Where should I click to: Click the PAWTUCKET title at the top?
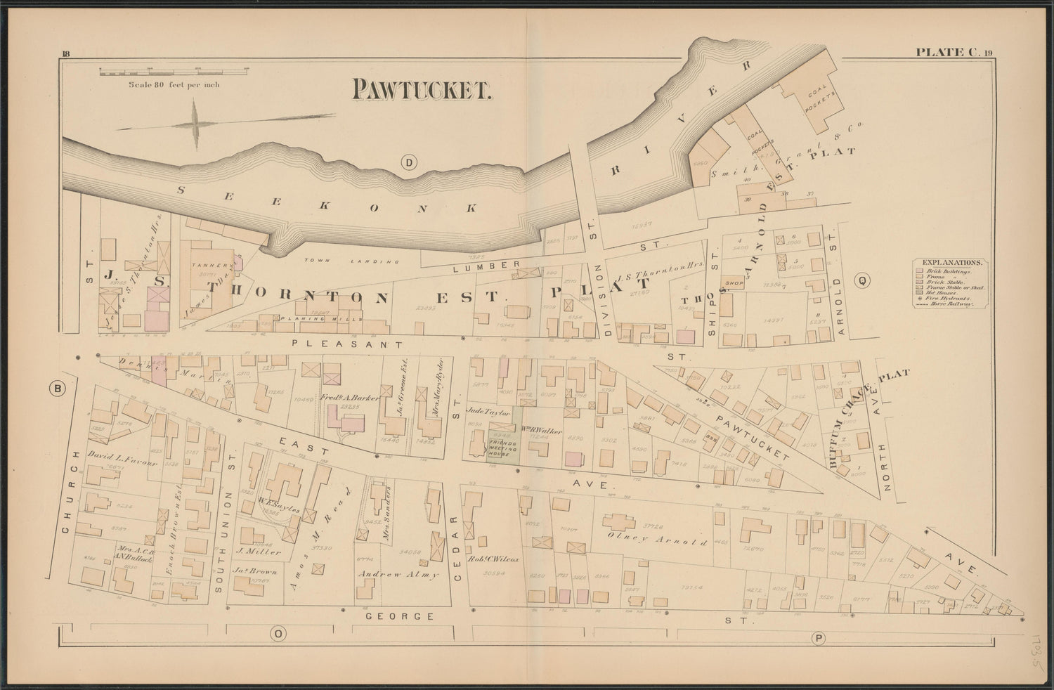pyautogui.click(x=420, y=89)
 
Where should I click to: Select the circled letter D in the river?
pyautogui.click(x=408, y=163)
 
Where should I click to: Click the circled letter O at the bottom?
pyautogui.click(x=278, y=634)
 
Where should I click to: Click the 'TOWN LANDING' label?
pyautogui.click(x=351, y=261)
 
